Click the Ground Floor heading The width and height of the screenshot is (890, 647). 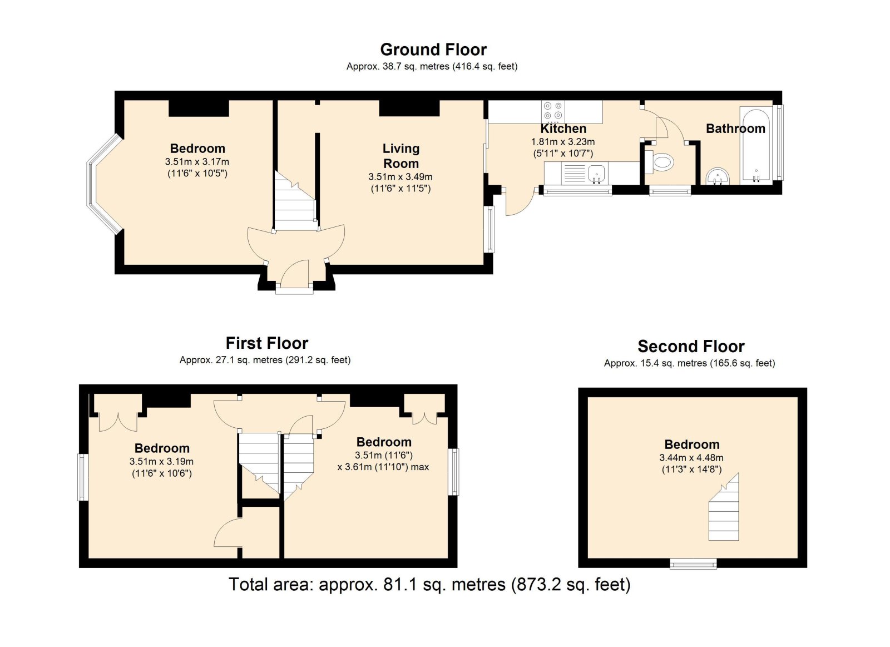point(433,50)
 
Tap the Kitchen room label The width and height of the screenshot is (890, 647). point(563,129)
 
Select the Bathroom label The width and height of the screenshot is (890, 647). point(735,129)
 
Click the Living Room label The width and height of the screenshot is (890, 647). point(401,156)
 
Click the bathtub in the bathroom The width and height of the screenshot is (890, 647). point(756,146)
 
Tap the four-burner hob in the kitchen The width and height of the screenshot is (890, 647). point(553,111)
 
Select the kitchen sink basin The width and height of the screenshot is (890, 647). point(596,174)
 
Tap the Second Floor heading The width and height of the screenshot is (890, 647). point(691,347)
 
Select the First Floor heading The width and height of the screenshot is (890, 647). point(266,343)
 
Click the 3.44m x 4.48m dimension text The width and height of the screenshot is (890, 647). point(692,457)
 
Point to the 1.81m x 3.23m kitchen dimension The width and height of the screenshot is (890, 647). point(563,142)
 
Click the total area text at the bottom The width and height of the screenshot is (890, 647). point(429,585)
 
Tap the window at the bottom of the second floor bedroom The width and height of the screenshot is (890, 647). point(693,564)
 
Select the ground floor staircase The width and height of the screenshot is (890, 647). point(295,201)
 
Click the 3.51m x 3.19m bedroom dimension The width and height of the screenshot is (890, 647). point(161,462)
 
